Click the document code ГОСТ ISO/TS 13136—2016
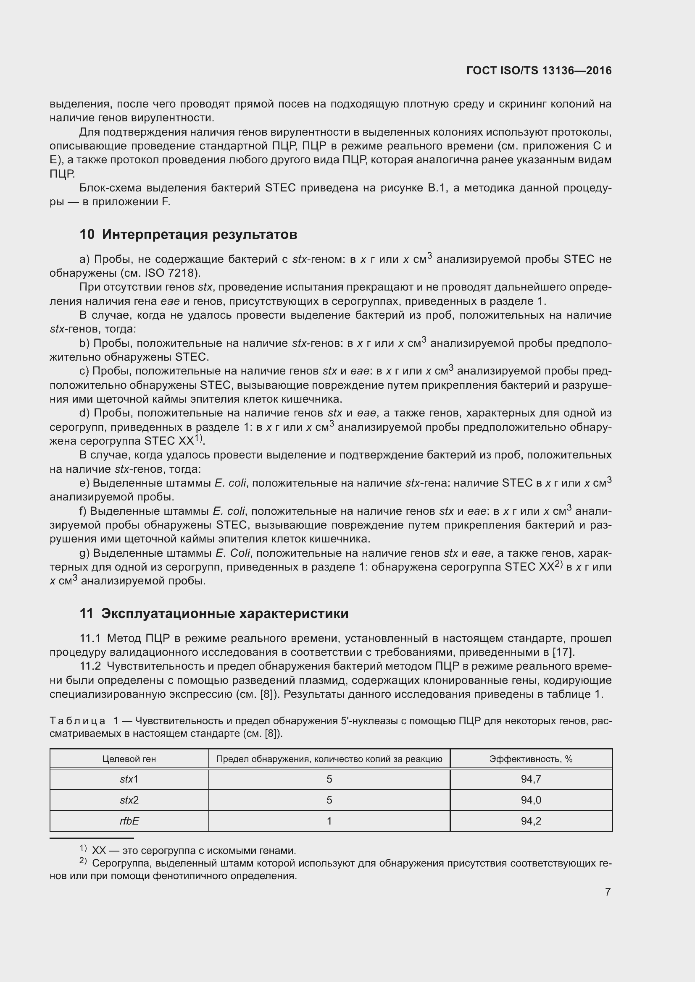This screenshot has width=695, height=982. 539,71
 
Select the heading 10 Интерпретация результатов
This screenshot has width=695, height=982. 188,234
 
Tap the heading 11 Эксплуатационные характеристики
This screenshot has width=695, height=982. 214,613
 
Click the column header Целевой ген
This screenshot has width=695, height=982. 129,759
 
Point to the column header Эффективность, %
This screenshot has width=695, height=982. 531,759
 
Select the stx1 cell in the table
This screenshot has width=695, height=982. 129,779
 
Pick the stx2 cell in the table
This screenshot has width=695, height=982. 129,800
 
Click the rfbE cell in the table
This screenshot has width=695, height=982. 129,821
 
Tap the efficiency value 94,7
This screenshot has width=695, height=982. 531,779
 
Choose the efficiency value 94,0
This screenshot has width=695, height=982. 531,800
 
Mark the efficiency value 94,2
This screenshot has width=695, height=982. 531,821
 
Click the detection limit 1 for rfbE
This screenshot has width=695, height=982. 329,821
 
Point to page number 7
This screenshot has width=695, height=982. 607,892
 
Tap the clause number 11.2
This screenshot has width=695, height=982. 90,666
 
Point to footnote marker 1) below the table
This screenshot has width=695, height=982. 83,848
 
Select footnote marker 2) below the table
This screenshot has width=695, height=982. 83,861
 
